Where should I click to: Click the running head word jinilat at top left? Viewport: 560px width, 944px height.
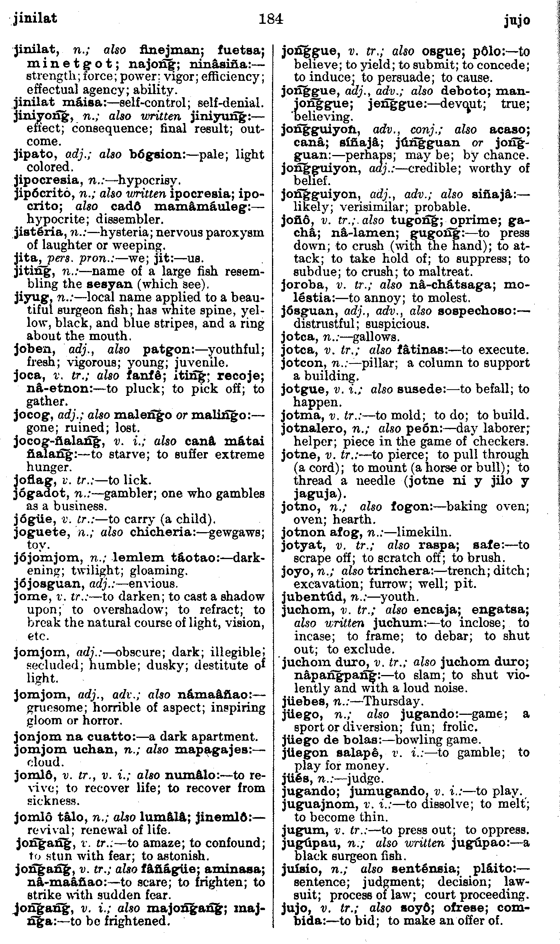pyautogui.click(x=35, y=18)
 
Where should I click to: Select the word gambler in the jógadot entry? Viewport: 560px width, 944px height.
pyautogui.click(x=128, y=493)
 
